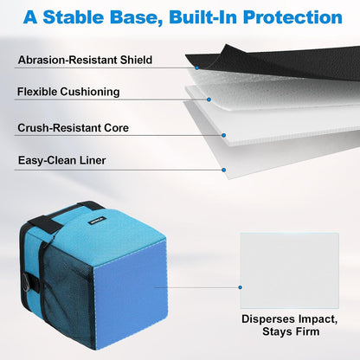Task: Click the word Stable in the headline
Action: pos(73,17)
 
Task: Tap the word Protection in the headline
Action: pos(292,17)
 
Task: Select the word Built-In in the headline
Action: pos(203,17)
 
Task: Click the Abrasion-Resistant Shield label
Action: pos(85,60)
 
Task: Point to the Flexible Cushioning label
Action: pos(68,92)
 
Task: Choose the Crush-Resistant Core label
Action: pos(73,128)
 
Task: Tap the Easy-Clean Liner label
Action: pos(61,160)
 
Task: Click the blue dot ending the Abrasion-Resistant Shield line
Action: pos(197,68)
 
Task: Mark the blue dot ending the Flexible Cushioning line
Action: pos(209,100)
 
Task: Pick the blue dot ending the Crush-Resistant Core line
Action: pos(223,135)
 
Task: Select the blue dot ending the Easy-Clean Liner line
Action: pos(223,170)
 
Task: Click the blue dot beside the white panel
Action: pos(240,287)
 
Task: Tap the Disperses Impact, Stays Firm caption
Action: pos(290,325)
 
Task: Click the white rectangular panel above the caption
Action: pos(290,271)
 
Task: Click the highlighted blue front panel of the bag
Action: pos(131,293)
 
